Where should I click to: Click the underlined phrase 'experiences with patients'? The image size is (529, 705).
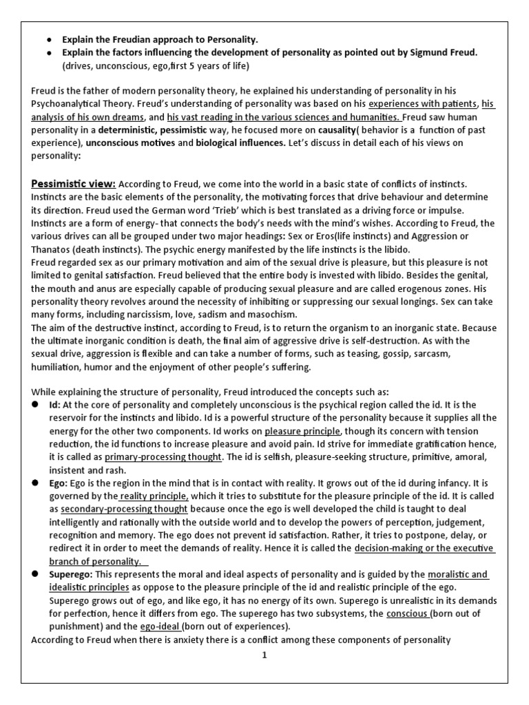tap(422, 104)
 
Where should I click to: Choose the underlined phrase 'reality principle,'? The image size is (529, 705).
tap(154, 495)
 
